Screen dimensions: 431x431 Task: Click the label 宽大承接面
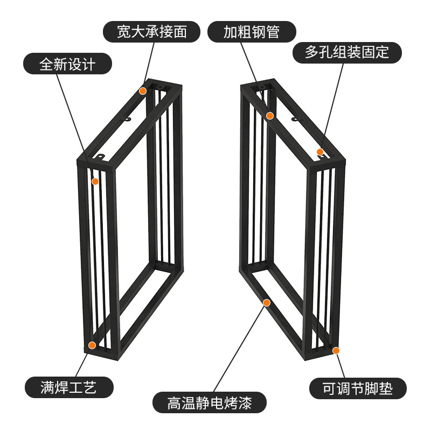152,32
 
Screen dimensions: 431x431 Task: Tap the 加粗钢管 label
252,32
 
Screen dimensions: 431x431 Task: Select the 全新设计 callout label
67,65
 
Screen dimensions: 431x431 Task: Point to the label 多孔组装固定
346,52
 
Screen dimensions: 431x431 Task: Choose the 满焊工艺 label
68,387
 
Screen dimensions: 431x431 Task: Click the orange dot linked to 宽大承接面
143,91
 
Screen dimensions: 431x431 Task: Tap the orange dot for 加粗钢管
270,116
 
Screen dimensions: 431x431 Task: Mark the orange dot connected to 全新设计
95,182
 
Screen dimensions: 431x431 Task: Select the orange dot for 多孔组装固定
320,152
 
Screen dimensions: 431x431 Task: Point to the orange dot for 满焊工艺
92,345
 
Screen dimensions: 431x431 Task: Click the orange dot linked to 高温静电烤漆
266,303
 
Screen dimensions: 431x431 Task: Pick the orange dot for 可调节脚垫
336,351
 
